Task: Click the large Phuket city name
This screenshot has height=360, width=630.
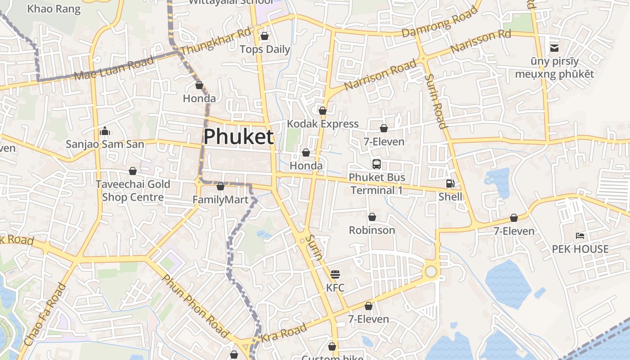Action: pyautogui.click(x=238, y=137)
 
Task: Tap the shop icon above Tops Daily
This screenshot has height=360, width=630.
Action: pyautogui.click(x=265, y=36)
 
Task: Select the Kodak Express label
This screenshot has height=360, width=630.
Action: pyautogui.click(x=323, y=124)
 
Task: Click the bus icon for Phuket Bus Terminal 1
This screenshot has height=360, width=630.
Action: pyautogui.click(x=377, y=164)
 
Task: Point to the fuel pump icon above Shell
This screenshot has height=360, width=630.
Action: pyautogui.click(x=450, y=184)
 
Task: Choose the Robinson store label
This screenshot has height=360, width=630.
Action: pyautogui.click(x=372, y=230)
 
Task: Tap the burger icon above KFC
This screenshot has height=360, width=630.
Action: pyautogui.click(x=335, y=274)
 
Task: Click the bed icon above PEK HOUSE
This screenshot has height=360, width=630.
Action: pyautogui.click(x=580, y=236)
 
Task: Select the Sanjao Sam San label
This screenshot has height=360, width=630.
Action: pyautogui.click(x=105, y=144)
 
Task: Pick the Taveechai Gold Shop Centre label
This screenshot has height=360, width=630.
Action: pyautogui.click(x=133, y=190)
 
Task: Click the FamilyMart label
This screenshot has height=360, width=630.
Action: pyautogui.click(x=220, y=199)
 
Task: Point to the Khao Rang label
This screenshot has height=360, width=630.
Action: pyautogui.click(x=54, y=9)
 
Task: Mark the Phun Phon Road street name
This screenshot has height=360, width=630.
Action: pyautogui.click(x=195, y=306)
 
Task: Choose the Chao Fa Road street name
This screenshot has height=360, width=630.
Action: pyautogui.click(x=44, y=315)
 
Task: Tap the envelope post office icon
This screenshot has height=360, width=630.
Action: pyautogui.click(x=554, y=48)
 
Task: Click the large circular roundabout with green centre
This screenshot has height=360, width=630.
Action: pyautogui.click(x=431, y=271)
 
